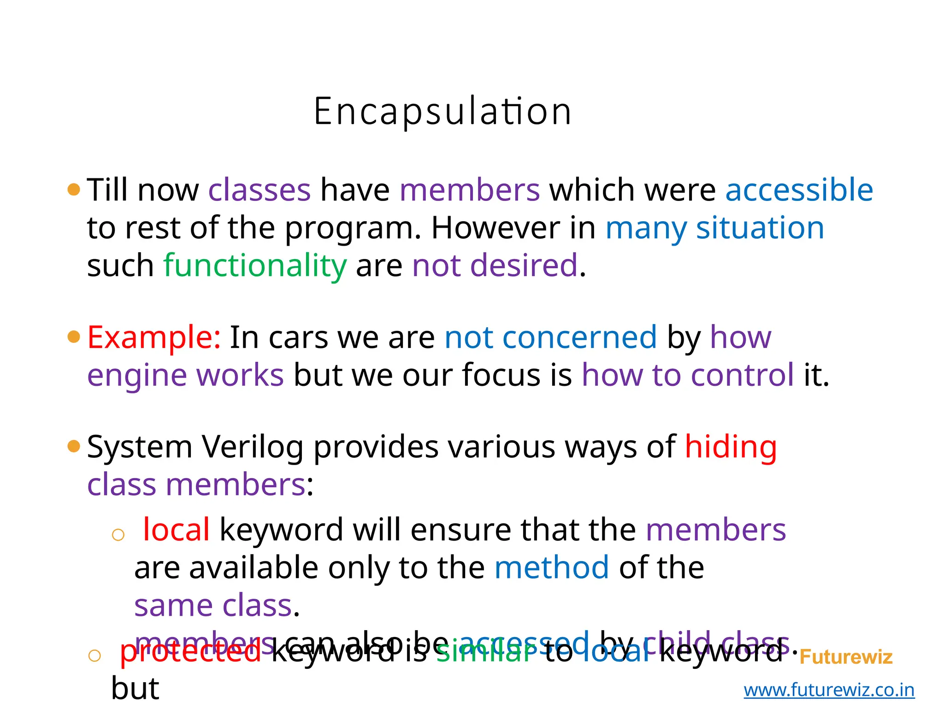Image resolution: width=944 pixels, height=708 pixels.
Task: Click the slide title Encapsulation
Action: pyautogui.click(x=442, y=112)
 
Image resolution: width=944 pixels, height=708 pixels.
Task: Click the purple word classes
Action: pyautogui.click(x=260, y=190)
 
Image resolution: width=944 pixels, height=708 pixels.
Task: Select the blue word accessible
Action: pyautogui.click(x=799, y=190)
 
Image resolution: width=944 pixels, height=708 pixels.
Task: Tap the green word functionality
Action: pyautogui.click(x=255, y=266)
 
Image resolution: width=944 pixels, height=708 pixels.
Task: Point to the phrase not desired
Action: pyautogui.click(x=495, y=266)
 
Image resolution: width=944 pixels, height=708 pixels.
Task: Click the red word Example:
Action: pyautogui.click(x=154, y=337)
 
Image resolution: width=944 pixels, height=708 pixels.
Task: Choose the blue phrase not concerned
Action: pyautogui.click(x=550, y=337)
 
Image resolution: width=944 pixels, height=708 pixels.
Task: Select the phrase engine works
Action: pyautogui.click(x=185, y=375)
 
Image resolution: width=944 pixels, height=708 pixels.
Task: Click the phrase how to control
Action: pyautogui.click(x=688, y=375)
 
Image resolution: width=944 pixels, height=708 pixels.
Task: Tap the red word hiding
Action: pyautogui.click(x=731, y=447)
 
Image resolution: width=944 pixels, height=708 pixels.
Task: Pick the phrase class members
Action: pyautogui.click(x=196, y=485)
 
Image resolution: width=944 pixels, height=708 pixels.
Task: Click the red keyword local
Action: pyautogui.click(x=176, y=530)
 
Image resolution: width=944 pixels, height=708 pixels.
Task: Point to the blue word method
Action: pyautogui.click(x=551, y=567)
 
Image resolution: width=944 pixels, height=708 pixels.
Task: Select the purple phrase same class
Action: pyautogui.click(x=213, y=606)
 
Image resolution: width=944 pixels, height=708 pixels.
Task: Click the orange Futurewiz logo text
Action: pyautogui.click(x=846, y=657)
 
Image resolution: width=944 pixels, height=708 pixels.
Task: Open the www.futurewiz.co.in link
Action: pyautogui.click(x=829, y=690)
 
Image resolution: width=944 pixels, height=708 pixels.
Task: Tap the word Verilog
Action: pyautogui.click(x=253, y=447)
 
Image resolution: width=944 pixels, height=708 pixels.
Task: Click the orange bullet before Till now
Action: pyautogui.click(x=74, y=189)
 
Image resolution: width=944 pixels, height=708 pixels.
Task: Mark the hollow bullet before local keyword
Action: pyautogui.click(x=118, y=535)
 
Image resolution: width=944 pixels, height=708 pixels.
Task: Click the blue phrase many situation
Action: pyautogui.click(x=714, y=228)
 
